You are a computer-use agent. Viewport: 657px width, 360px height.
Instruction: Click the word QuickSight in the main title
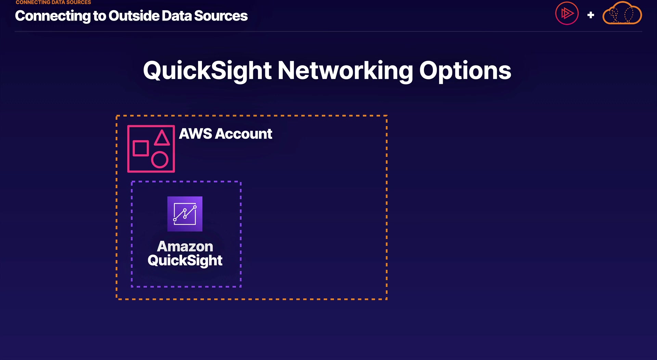click(207, 71)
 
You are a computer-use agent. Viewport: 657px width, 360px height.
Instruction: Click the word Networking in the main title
click(345, 71)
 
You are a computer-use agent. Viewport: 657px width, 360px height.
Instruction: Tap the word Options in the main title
click(465, 71)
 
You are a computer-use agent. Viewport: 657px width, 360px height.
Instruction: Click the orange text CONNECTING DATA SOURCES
click(53, 2)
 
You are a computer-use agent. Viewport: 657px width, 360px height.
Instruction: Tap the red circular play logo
click(567, 14)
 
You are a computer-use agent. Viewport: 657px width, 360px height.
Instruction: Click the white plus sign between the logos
click(591, 15)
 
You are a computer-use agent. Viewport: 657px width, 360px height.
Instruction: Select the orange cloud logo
click(622, 14)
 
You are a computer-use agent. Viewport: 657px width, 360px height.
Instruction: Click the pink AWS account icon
click(151, 149)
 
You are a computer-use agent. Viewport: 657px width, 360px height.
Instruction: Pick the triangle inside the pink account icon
click(162, 138)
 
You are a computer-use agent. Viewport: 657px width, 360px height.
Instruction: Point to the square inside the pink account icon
click(141, 148)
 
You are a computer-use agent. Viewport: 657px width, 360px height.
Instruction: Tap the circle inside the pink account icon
click(160, 160)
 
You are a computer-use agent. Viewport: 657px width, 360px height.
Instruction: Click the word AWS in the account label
click(195, 134)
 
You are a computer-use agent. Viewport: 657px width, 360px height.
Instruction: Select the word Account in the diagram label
click(244, 134)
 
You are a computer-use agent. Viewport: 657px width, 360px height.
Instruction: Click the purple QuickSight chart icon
click(185, 214)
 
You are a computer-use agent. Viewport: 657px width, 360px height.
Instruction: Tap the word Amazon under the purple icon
click(185, 246)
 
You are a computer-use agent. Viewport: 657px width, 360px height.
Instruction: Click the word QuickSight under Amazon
click(185, 261)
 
